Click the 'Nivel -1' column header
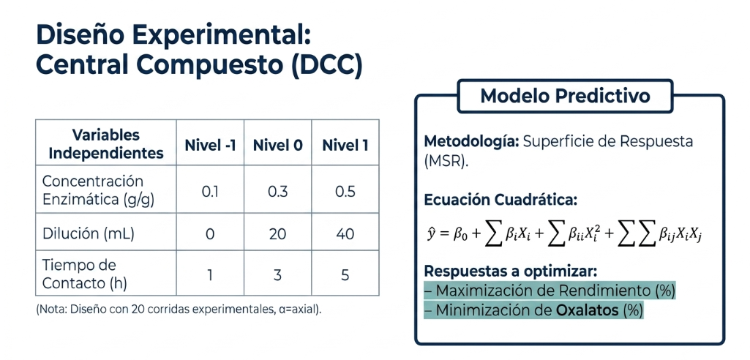(211, 146)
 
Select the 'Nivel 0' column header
(277, 146)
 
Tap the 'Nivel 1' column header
(345, 146)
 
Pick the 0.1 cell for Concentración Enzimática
(210, 192)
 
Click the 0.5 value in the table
(345, 192)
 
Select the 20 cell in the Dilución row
(277, 234)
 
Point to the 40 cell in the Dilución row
(345, 234)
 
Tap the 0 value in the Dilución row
(210, 234)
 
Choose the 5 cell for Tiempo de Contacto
(345, 276)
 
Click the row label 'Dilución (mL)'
(89, 234)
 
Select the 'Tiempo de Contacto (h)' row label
(85, 274)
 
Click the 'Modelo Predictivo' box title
(566, 96)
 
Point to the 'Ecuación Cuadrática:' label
(500, 200)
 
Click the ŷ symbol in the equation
(430, 234)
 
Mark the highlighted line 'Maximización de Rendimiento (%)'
(550, 290)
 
